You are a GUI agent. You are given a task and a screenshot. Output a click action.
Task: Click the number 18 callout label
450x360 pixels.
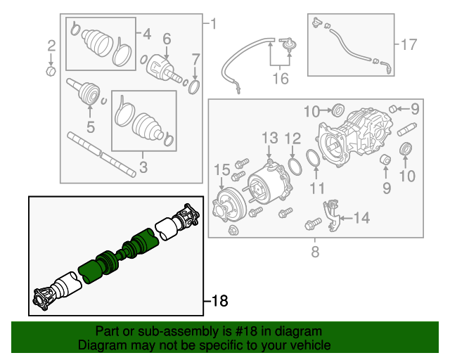[x=220, y=302]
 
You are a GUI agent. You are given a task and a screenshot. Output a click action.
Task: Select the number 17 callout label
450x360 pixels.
[x=409, y=45]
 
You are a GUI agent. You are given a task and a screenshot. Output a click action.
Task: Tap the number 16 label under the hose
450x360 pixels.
[x=280, y=79]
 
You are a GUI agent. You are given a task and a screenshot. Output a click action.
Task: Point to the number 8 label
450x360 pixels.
[x=315, y=250]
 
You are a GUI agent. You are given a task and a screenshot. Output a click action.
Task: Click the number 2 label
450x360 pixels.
[x=51, y=46]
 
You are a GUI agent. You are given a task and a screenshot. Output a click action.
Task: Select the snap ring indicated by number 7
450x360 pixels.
[x=195, y=86]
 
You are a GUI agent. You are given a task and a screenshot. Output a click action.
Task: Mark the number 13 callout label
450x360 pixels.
[x=271, y=136]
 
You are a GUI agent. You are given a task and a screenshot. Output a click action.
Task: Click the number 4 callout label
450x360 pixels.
[x=146, y=34]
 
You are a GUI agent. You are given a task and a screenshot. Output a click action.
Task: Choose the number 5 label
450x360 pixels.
[x=90, y=127]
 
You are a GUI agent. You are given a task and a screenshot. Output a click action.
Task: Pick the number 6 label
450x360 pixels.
[x=167, y=39]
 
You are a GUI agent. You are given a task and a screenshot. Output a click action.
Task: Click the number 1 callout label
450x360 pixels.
[x=214, y=26]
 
